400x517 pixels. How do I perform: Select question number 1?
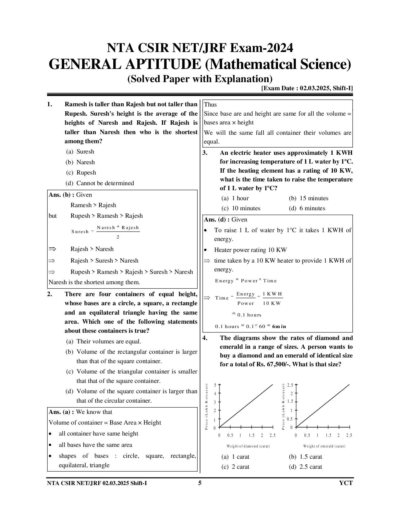(50, 104)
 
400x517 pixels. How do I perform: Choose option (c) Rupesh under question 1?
(81, 173)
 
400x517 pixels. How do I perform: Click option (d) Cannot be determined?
(100, 183)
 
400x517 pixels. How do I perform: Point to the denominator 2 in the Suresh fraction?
(118, 237)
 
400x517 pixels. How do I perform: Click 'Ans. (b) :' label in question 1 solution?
(61, 195)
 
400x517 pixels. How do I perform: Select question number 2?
(50, 294)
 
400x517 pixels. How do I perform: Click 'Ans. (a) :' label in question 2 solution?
(61, 412)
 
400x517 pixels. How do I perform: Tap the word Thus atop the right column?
(210, 105)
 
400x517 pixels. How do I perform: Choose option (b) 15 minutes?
(309, 198)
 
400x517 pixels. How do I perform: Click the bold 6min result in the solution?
(279, 326)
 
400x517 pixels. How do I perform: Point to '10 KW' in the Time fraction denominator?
(272, 303)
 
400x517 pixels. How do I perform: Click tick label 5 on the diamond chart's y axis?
(215, 385)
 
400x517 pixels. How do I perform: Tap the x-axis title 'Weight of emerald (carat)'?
(324, 446)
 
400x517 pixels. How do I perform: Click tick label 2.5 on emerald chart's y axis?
(290, 385)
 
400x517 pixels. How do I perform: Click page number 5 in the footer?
(200, 483)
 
